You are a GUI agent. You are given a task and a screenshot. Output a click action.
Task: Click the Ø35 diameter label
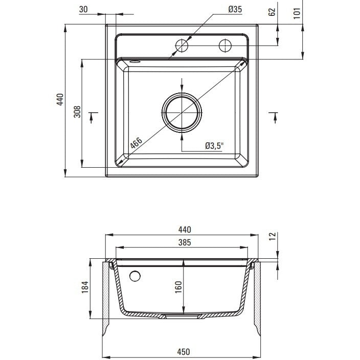click(x=235, y=9)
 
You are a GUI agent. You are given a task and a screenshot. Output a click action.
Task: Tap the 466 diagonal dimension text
click(x=136, y=144)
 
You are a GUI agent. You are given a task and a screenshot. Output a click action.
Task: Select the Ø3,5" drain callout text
click(x=214, y=146)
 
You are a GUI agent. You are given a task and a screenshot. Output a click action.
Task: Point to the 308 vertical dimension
click(x=77, y=112)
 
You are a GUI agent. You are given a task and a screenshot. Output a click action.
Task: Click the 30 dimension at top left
click(x=83, y=9)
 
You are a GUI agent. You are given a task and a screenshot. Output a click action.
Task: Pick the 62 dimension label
click(x=272, y=12)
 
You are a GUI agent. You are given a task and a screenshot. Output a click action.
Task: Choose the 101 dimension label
click(x=297, y=13)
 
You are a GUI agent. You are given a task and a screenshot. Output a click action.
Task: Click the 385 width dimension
click(x=185, y=242)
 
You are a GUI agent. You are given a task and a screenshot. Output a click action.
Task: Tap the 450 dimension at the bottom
click(x=184, y=351)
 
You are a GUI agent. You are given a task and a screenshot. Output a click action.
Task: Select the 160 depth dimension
click(x=178, y=287)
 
